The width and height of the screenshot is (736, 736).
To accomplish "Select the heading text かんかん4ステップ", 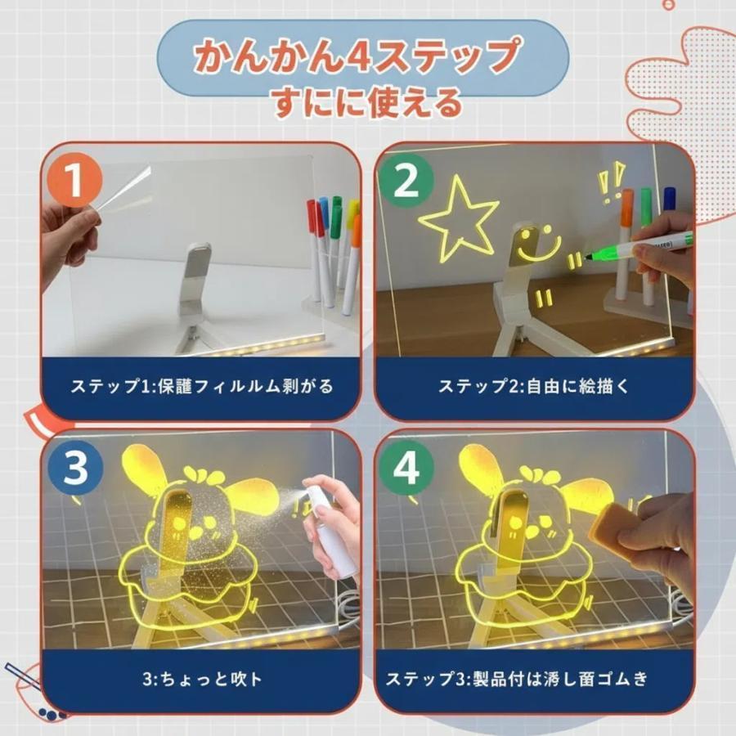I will coord(357,56).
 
